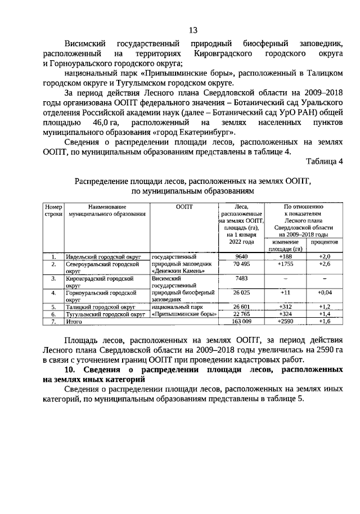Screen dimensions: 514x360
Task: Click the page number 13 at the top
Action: click(192, 30)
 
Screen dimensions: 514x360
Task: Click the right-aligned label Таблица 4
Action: click(324, 162)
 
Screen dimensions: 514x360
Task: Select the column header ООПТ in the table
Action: click(184, 207)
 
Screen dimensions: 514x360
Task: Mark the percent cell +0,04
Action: click(324, 292)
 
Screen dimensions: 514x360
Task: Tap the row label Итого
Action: click(74, 322)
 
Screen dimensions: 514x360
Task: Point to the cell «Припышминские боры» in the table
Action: click(184, 314)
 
